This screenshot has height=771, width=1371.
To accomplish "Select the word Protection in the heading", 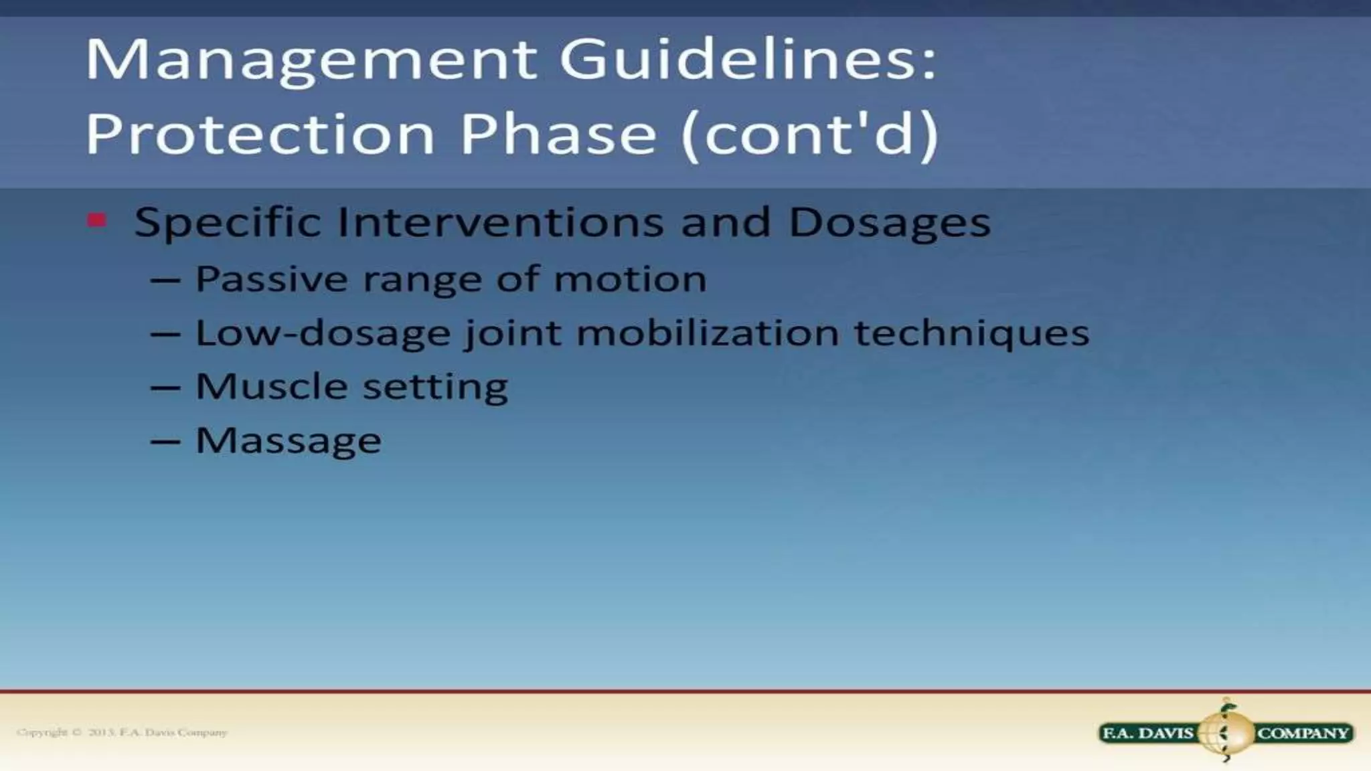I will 260,134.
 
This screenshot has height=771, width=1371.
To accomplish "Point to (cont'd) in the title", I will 810,134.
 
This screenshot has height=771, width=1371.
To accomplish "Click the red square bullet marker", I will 97,220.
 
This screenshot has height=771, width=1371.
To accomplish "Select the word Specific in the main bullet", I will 228,223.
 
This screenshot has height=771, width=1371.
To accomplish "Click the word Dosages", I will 890,223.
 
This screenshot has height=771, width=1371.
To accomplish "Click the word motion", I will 630,279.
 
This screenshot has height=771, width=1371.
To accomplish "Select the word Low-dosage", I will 323,333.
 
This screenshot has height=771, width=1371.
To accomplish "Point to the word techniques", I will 971,333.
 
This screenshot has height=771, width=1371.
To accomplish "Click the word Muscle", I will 271,387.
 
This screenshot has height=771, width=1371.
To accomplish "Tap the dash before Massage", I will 165,442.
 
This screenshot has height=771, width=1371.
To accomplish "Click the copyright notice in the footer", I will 123,732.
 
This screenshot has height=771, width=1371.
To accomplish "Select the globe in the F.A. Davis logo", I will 1225,733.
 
